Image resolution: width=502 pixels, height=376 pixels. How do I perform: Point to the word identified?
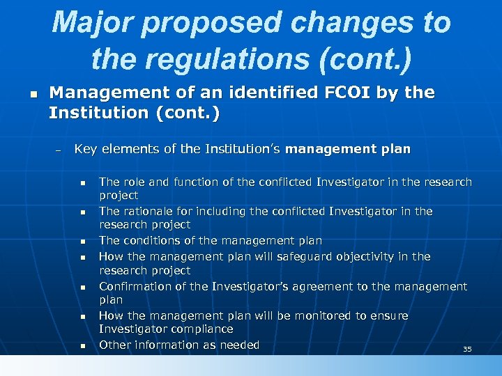[x=230, y=93]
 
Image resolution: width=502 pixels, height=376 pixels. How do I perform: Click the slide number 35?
[x=467, y=349]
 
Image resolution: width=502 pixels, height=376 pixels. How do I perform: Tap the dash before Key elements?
[x=59, y=150]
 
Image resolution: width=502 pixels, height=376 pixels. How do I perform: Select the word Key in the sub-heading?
[x=86, y=149]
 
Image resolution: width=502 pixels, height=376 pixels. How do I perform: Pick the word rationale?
[x=146, y=211]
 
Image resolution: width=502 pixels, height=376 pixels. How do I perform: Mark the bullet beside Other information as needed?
[x=82, y=346]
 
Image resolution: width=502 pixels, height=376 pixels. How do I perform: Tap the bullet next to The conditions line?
[x=82, y=242]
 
